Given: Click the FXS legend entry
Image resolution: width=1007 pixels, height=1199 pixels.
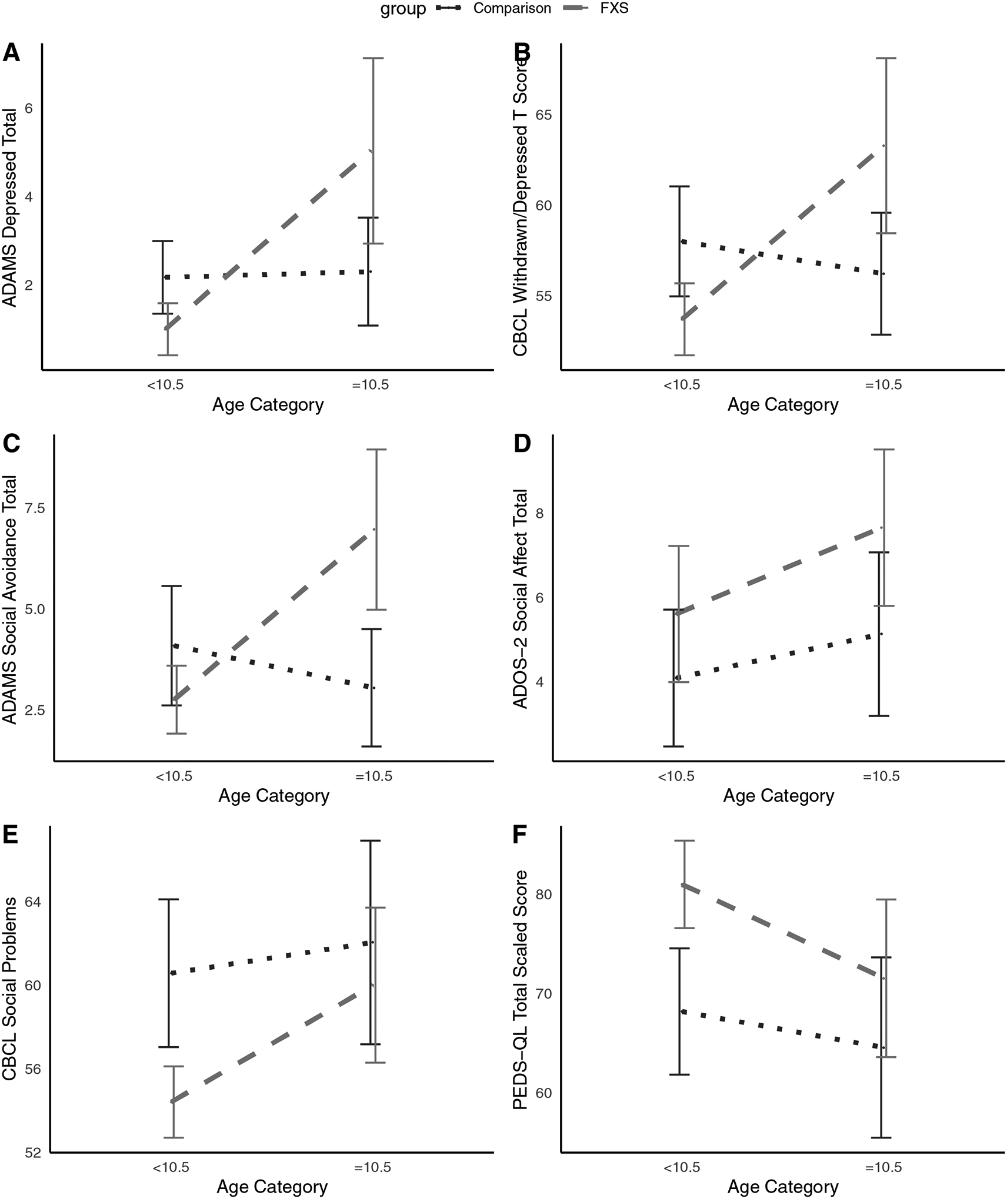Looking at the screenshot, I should click(x=614, y=8).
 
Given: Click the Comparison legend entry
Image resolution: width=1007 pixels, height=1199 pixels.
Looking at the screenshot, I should click(x=512, y=8).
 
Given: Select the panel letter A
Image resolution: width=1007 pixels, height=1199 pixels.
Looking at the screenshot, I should click(x=11, y=53).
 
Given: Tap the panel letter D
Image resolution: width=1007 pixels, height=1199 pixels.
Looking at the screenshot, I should click(x=522, y=444).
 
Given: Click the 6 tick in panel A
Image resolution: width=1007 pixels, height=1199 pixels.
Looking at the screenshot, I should click(x=29, y=109).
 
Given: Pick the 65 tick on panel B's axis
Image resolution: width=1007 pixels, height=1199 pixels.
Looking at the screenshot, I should click(x=544, y=115).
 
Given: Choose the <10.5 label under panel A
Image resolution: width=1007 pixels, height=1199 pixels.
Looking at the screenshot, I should click(x=165, y=386).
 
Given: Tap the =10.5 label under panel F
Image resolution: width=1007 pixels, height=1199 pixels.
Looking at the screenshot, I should click(x=883, y=1167).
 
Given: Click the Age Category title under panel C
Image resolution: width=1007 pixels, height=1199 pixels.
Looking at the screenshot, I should click(x=274, y=796).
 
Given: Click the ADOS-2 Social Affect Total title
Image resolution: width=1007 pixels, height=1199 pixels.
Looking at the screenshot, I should click(x=521, y=599).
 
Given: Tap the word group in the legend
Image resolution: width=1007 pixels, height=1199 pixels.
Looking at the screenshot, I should click(x=403, y=9).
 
